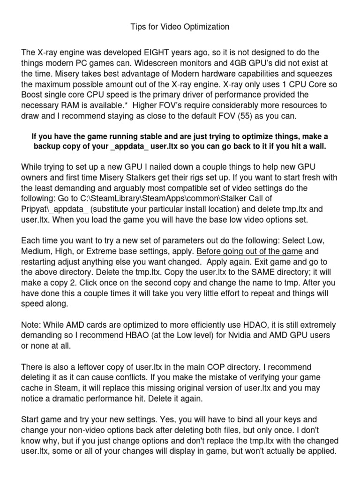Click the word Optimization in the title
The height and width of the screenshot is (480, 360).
205,27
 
